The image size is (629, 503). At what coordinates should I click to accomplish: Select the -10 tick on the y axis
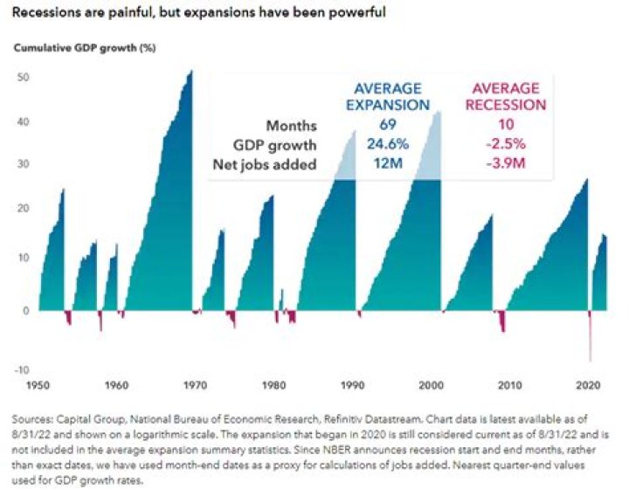tap(23, 369)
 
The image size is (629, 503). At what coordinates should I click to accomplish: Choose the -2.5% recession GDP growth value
tap(509, 145)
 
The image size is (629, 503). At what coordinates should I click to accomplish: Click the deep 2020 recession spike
tap(591, 341)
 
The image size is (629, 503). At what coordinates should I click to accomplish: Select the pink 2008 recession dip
tap(502, 322)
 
